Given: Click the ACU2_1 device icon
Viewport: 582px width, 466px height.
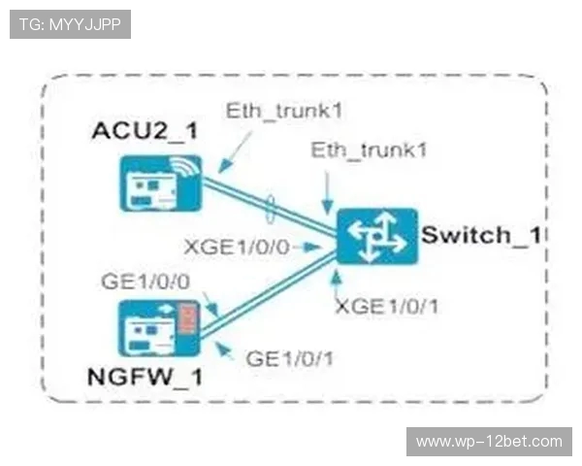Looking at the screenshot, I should coord(156,183).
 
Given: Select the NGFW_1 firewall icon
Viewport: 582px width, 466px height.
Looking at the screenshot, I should coord(156,328).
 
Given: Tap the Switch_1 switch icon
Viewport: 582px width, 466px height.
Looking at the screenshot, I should coord(377,236).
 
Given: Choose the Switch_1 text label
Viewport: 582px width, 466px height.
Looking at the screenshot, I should coord(481,234).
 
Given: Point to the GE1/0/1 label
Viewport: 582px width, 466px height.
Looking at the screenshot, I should coord(290,357).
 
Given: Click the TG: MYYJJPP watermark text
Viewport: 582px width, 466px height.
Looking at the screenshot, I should coord(70,24).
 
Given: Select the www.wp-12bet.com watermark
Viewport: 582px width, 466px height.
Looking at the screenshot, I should coord(489,442).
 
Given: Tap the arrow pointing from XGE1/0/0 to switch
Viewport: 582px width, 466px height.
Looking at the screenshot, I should coord(310,248).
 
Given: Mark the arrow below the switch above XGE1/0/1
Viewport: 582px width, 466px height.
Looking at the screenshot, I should coord(336,281).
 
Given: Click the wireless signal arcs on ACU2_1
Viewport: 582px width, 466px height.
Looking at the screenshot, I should coord(190,168).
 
